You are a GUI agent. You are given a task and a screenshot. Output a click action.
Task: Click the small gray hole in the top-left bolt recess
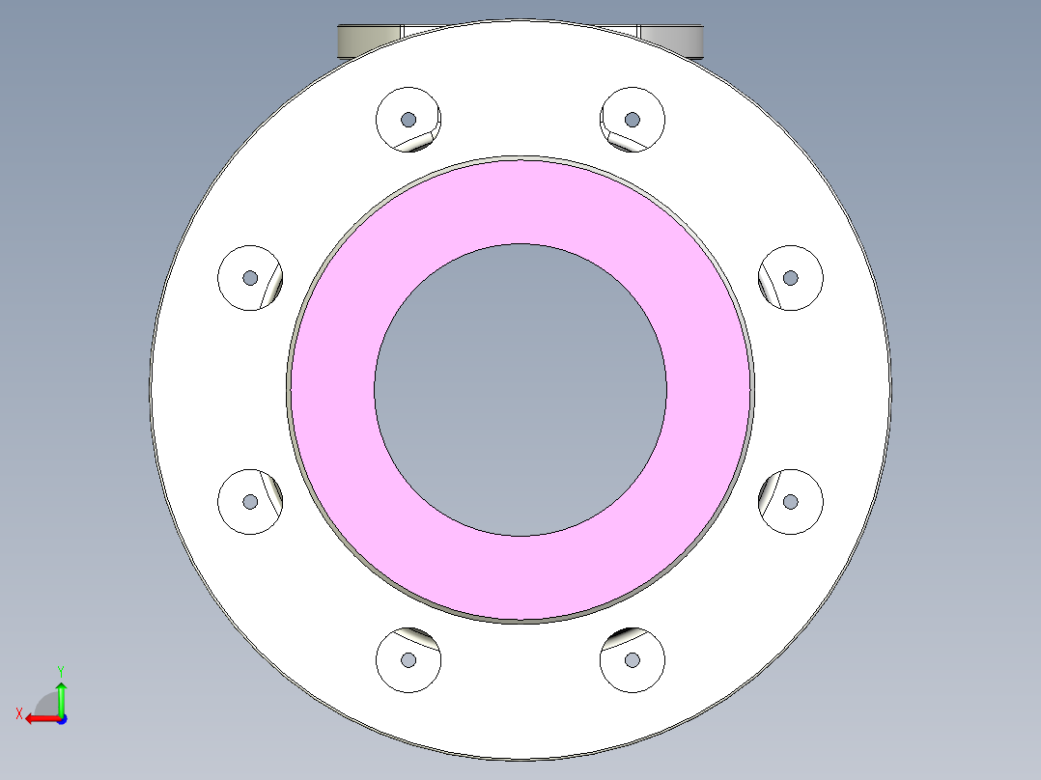408,120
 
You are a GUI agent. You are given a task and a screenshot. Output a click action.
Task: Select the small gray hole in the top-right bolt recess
633,120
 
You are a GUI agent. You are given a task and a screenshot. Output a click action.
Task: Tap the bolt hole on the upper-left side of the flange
250,278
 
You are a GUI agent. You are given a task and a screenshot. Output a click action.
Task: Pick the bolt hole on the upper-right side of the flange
791,278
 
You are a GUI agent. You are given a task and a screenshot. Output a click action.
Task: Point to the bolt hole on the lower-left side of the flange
250,502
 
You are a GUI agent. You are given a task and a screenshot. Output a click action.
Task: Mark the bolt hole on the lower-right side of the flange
791,502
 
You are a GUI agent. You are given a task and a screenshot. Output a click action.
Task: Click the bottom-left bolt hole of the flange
408,660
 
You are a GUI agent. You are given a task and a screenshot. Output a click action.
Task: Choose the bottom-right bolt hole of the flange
633,660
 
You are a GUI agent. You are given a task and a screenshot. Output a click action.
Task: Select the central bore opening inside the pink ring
520,389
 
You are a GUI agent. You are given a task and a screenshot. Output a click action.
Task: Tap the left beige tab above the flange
367,41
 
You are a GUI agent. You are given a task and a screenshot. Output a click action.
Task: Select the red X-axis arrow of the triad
41,718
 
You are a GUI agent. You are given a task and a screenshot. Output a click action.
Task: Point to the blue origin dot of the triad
61,718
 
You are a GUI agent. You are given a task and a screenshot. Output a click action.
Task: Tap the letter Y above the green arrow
60,670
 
